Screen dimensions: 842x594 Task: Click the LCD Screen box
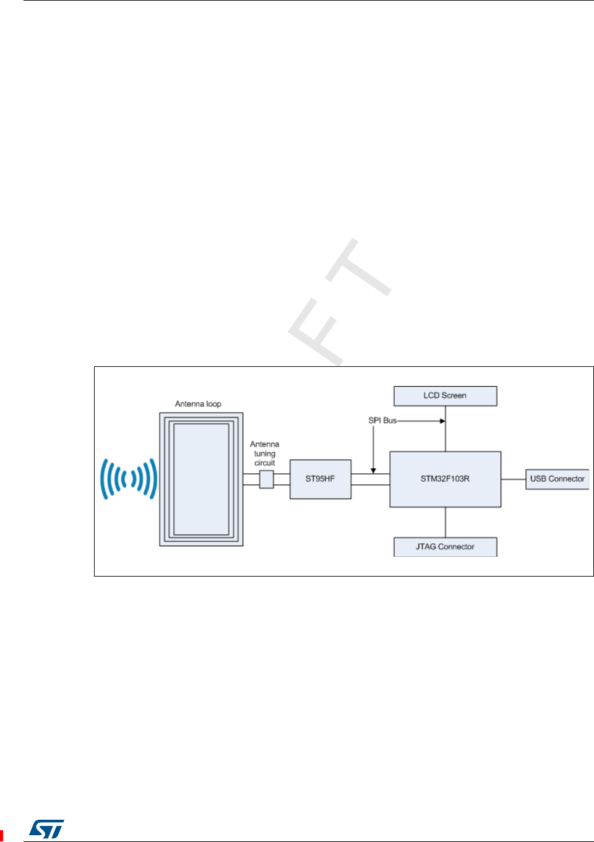pyautogui.click(x=445, y=396)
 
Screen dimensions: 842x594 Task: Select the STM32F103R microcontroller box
pyautogui.click(x=445, y=479)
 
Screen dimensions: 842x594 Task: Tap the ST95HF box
pyautogui.click(x=321, y=479)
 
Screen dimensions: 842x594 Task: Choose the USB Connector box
pyautogui.click(x=557, y=479)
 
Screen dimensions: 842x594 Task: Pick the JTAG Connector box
pyautogui.click(x=445, y=547)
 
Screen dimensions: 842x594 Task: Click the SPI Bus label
pyautogui.click(x=382, y=421)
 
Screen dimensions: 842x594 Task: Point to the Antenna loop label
pyautogui.click(x=198, y=404)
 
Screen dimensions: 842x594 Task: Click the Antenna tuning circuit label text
pyautogui.click(x=265, y=453)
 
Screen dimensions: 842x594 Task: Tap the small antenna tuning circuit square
pyautogui.click(x=266, y=479)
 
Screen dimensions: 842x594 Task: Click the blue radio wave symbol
pyautogui.click(x=129, y=479)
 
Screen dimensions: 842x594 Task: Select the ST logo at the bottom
pyautogui.click(x=47, y=829)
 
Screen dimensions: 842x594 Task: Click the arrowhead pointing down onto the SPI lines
pyautogui.click(x=373, y=471)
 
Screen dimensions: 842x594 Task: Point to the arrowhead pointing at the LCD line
pyautogui.click(x=442, y=421)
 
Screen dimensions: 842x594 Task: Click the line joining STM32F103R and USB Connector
pyautogui.click(x=513, y=479)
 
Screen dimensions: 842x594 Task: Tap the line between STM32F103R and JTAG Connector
pyautogui.click(x=445, y=522)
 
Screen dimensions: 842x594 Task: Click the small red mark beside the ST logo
pyautogui.click(x=2, y=836)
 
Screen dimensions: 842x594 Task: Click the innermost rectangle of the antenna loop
pyautogui.click(x=201, y=479)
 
